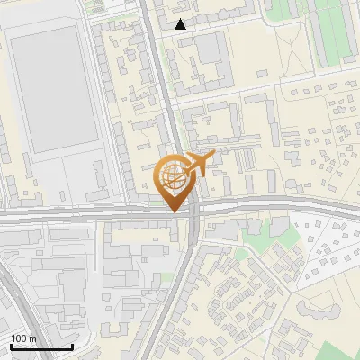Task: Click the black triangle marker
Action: click(181, 24)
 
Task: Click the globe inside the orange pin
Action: click(172, 175)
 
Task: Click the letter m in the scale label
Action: click(33, 338)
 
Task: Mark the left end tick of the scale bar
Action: click(10, 346)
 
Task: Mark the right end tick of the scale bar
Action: click(72, 346)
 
